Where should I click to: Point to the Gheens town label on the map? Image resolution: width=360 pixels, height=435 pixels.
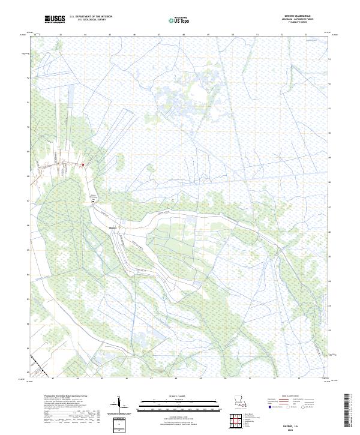coord(114,227)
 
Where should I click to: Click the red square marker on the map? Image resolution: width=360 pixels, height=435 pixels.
coord(83,164)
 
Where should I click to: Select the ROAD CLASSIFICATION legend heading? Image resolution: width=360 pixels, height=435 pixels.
coord(290,397)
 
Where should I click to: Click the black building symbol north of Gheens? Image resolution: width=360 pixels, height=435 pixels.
coord(92,202)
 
